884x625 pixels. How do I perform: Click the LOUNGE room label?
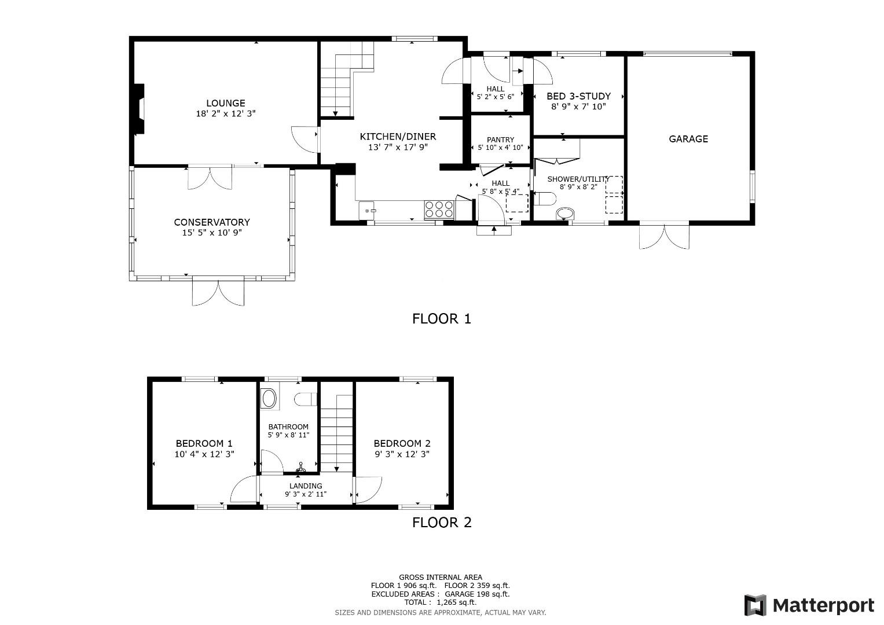225,104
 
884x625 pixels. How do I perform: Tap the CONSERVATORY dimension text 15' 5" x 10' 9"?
211,233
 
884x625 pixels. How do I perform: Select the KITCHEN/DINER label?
398,137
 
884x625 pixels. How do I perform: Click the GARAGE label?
688,139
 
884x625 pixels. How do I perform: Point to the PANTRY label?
500,139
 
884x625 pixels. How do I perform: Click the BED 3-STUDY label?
578,96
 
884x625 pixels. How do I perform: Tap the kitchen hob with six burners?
439,209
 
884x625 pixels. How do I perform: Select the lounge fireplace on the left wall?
139,109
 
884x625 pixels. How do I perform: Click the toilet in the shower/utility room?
546,199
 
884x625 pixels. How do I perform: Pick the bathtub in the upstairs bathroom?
269,399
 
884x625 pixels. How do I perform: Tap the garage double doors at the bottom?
664,236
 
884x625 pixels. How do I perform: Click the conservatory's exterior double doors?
218,293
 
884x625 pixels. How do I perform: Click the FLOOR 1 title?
442,318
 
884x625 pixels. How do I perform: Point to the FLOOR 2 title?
442,523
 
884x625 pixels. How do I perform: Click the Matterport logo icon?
755,605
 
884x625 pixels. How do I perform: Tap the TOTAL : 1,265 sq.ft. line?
440,602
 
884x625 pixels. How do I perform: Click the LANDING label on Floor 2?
306,486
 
